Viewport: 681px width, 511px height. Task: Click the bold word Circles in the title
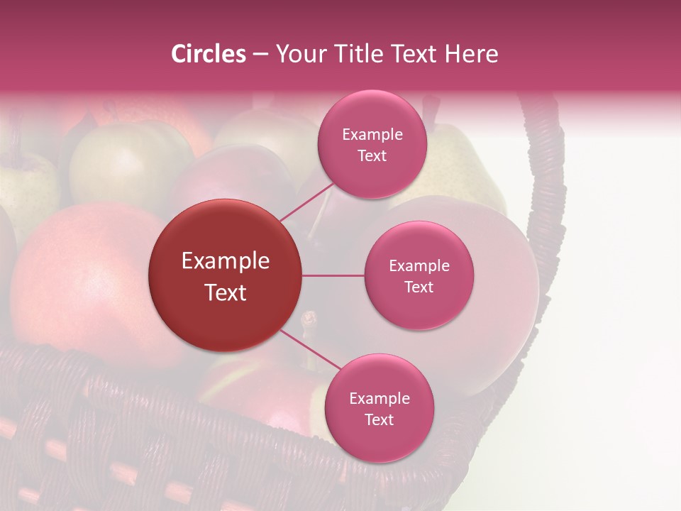[208, 54]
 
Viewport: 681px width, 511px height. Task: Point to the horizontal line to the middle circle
[333, 275]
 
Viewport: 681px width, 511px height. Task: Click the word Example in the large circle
[226, 261]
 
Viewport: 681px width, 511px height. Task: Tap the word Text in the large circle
[226, 292]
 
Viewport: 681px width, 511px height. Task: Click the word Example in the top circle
[372, 134]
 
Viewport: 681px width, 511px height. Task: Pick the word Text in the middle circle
[419, 287]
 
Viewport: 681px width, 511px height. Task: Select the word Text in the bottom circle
[379, 419]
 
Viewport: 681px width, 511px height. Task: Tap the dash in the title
[260, 54]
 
